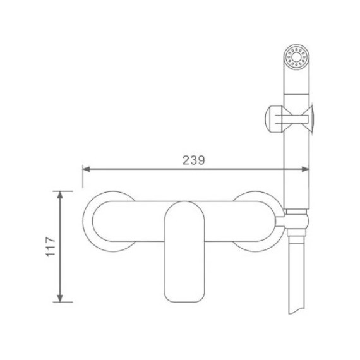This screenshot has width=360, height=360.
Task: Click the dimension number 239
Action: click(x=193, y=160)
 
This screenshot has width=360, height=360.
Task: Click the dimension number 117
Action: click(x=51, y=246)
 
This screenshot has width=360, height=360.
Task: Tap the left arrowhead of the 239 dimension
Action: click(x=86, y=169)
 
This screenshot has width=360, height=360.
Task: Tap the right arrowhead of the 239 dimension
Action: click(x=306, y=169)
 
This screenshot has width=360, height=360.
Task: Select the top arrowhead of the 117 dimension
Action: click(x=60, y=195)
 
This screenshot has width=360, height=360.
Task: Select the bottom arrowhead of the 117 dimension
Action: click(x=60, y=298)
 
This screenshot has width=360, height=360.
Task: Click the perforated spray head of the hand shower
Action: click(x=297, y=56)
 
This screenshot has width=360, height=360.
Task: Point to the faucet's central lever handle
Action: click(x=184, y=252)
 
